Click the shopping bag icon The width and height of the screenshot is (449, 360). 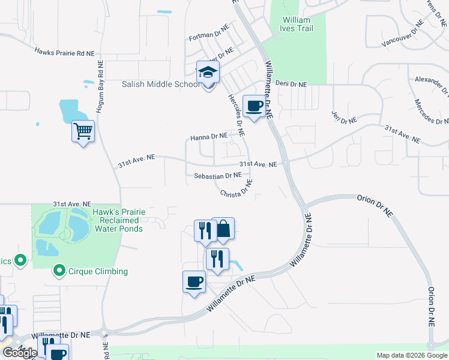[223, 229]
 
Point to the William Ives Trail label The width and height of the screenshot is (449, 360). [297, 24]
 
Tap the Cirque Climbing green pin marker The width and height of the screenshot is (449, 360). [59, 271]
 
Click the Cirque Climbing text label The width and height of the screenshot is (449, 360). [98, 271]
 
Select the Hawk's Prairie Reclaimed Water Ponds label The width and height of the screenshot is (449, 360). [118, 220]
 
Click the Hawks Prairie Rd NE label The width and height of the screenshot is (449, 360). [64, 53]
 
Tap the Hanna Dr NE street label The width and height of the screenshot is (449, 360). [209, 137]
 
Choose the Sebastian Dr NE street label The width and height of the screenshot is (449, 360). [217, 176]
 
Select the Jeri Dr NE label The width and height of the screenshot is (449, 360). [344, 116]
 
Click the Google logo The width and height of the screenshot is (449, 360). [20, 353]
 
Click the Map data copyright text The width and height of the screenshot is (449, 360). [411, 355]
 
